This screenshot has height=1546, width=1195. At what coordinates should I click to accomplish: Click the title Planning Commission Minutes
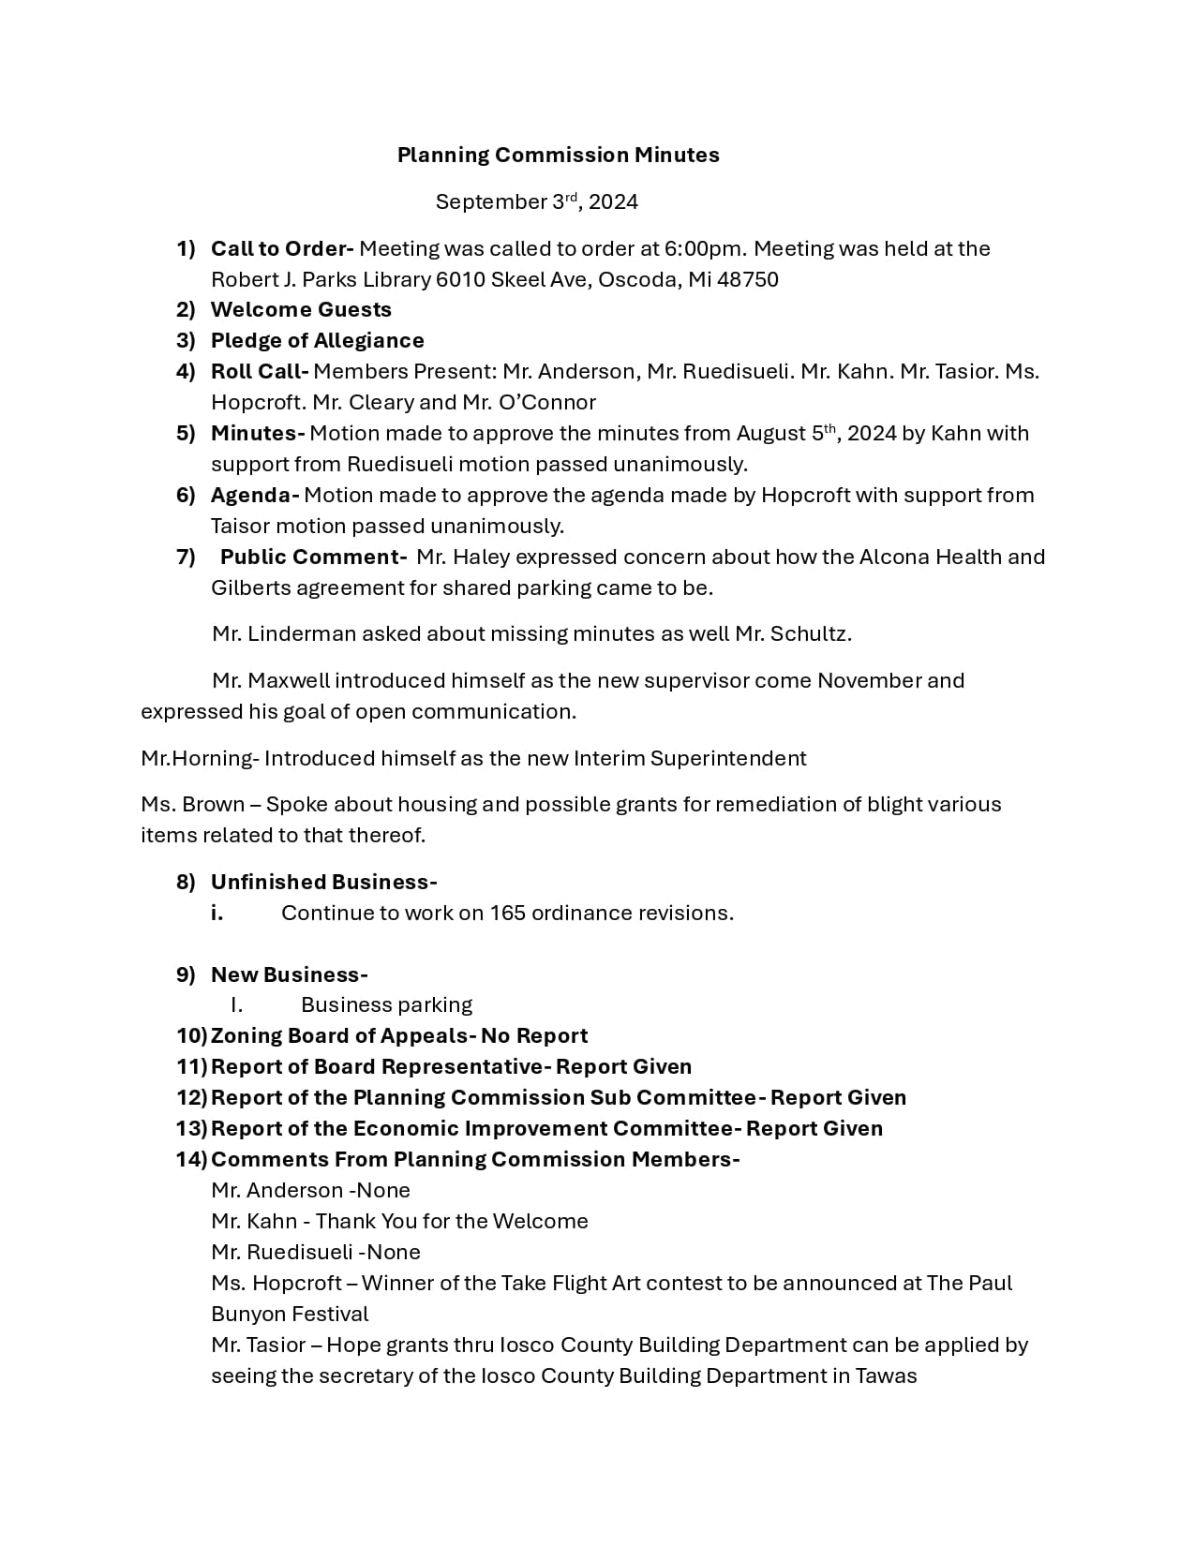(x=558, y=156)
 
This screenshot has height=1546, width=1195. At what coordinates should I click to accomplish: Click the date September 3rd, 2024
(x=536, y=202)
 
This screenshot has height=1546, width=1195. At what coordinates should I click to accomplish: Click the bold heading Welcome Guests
(x=301, y=310)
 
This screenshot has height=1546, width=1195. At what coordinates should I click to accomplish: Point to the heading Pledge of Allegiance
(x=317, y=341)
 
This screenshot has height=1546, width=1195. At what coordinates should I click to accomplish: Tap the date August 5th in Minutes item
(x=785, y=434)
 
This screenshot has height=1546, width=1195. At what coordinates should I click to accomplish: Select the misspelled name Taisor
(x=240, y=527)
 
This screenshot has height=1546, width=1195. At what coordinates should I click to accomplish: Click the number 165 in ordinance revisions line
(x=508, y=914)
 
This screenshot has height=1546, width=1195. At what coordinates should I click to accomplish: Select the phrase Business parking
(x=386, y=1005)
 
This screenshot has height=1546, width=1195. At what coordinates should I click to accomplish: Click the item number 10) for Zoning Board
(x=191, y=1036)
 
